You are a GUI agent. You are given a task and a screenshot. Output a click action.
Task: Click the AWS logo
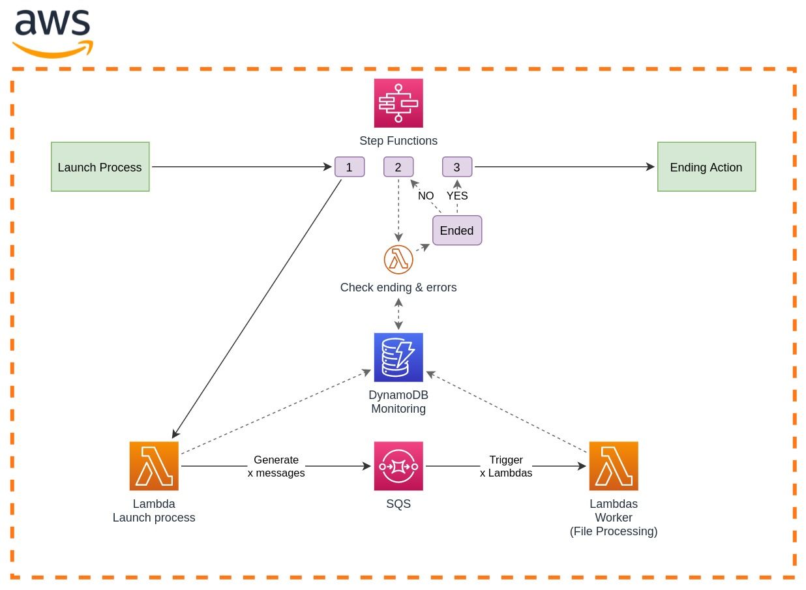pos(52,33)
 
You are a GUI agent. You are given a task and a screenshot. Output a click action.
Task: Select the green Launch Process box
pos(100,167)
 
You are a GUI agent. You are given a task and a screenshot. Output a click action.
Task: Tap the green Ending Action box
pos(706,167)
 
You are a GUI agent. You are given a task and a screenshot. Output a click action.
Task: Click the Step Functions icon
pos(398,103)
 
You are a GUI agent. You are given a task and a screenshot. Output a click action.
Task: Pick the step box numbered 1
pos(349,167)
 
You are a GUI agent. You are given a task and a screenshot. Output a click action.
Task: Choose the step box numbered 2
pos(398,167)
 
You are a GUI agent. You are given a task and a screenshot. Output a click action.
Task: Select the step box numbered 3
pos(457,167)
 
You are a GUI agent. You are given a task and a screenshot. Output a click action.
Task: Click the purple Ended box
pos(457,230)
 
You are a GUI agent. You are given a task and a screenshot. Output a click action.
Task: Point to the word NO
pos(426,196)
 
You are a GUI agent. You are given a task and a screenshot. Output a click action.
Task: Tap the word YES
pos(457,196)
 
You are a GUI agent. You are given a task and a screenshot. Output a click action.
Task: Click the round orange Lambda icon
pos(398,259)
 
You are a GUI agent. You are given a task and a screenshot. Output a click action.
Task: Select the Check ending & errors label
pos(398,288)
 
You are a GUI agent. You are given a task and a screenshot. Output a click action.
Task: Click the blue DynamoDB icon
pos(398,357)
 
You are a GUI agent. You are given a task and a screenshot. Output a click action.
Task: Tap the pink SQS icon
pos(398,466)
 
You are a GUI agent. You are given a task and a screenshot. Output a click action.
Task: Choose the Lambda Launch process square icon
pos(154,466)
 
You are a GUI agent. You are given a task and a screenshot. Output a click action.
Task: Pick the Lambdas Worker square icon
pos(614,466)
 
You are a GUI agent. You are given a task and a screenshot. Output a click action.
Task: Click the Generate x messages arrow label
pos(276,467)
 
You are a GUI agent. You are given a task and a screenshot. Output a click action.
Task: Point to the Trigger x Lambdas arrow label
pos(506,467)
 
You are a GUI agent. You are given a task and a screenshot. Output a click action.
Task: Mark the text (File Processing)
pos(614,531)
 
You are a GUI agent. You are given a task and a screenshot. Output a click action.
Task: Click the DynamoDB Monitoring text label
pos(398,402)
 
